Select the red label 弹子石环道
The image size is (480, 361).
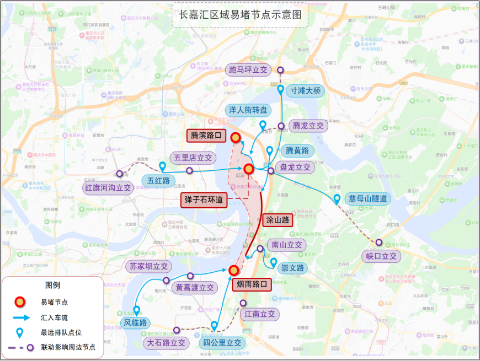point(204,200)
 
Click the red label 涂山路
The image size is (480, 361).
point(278,220)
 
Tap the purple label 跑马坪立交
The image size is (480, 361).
point(248,70)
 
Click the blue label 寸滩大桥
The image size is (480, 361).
point(305,90)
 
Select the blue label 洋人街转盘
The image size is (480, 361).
point(248,110)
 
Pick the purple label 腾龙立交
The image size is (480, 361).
point(308,126)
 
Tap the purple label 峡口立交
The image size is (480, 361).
point(381,256)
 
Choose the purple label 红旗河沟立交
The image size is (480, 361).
point(107,187)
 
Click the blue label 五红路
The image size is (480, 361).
point(158,180)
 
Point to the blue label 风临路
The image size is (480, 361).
point(135,322)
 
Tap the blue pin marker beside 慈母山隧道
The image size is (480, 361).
point(337,199)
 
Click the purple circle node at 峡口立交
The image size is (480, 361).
point(379,243)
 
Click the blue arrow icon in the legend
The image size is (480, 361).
point(20,317)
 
